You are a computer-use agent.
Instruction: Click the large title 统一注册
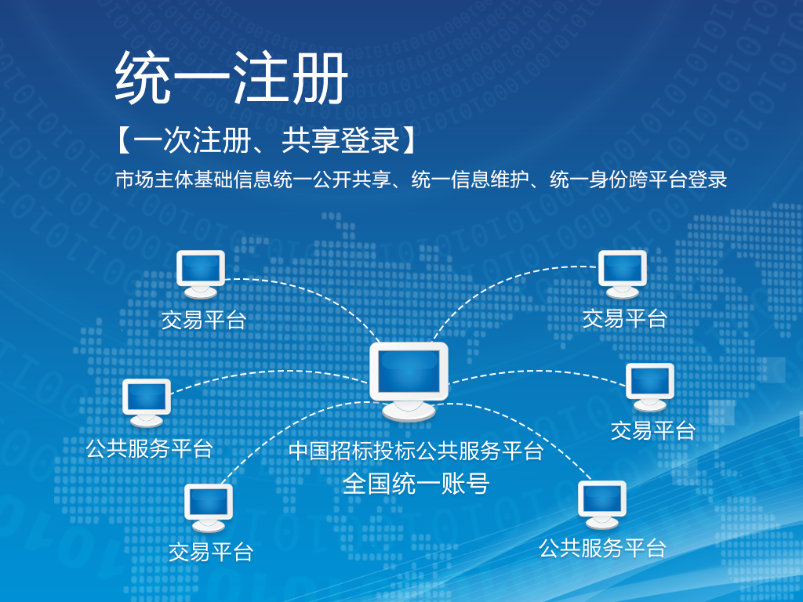231,78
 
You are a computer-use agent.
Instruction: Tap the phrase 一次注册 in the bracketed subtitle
193,140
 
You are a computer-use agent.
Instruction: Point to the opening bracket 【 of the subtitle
123,140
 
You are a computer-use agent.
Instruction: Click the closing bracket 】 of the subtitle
409,140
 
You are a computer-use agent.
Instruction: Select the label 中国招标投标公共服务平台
416,451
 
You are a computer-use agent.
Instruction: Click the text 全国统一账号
416,483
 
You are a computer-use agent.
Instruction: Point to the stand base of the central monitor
409,411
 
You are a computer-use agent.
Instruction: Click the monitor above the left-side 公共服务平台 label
147,403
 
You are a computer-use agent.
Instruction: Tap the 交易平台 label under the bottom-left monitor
211,552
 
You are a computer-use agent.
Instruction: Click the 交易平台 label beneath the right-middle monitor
653,430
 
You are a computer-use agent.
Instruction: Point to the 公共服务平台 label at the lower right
602,548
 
